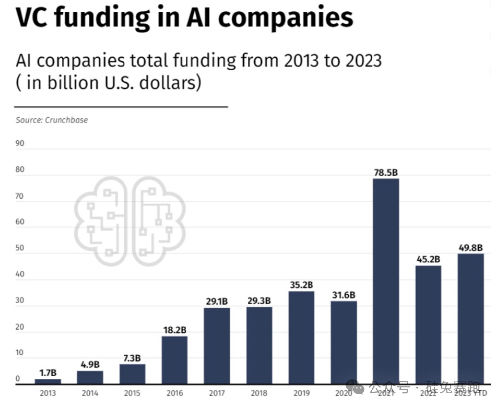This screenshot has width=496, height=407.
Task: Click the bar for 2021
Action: (x=385, y=280)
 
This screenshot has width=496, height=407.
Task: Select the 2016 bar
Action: (x=175, y=359)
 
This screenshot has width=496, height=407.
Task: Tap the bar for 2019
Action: (x=301, y=337)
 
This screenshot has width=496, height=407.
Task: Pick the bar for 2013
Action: (x=48, y=381)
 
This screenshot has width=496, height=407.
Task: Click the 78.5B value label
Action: (x=385, y=173)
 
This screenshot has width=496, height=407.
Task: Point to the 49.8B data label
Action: (x=470, y=248)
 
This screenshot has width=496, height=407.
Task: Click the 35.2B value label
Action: (x=301, y=285)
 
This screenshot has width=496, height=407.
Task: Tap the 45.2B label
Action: (x=428, y=259)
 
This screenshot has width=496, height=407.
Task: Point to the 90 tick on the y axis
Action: (x=20, y=144)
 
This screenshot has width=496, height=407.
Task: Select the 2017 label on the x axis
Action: (x=217, y=393)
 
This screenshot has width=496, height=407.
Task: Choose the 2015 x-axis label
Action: (x=132, y=393)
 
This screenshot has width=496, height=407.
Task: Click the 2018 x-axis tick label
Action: (x=259, y=393)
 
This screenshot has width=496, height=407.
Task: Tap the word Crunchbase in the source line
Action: (x=66, y=120)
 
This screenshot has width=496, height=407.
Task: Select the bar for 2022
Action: (x=428, y=324)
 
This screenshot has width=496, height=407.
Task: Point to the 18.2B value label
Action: (x=175, y=330)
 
